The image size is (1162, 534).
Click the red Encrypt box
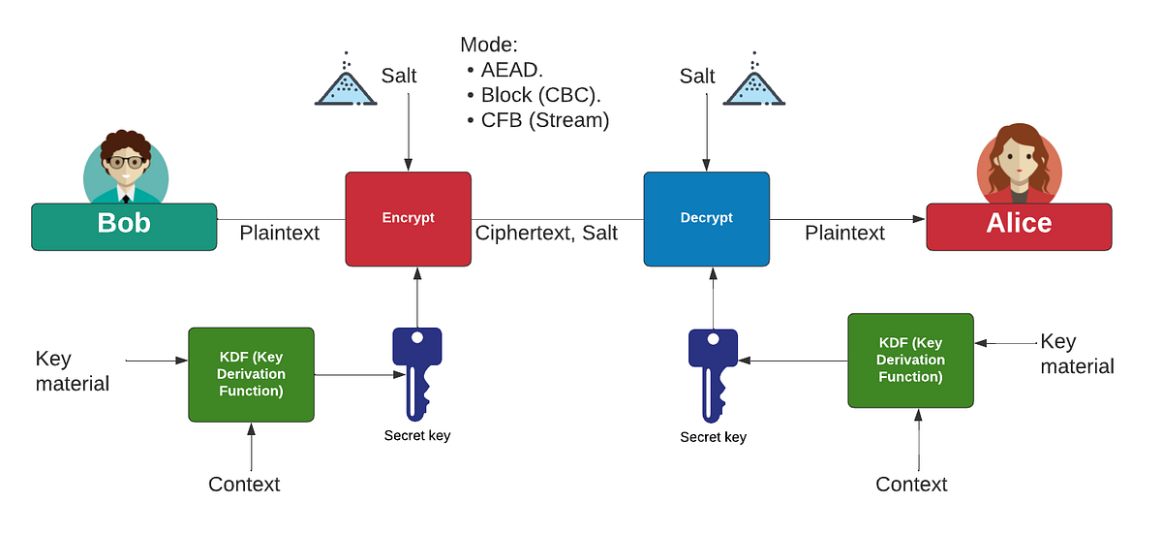click(408, 218)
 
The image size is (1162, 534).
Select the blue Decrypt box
click(706, 218)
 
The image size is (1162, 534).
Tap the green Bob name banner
click(124, 226)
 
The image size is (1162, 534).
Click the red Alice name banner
click(1019, 226)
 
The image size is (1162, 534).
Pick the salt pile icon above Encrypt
click(346, 83)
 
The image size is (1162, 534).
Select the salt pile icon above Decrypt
click(754, 83)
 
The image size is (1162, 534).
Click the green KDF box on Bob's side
click(251, 374)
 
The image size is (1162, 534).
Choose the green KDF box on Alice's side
click(910, 360)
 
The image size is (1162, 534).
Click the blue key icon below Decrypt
click(714, 373)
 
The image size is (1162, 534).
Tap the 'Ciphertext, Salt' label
click(546, 233)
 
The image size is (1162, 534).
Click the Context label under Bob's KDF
click(244, 484)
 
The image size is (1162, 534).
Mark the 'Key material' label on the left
click(72, 371)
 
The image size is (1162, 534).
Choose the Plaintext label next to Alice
click(844, 233)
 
